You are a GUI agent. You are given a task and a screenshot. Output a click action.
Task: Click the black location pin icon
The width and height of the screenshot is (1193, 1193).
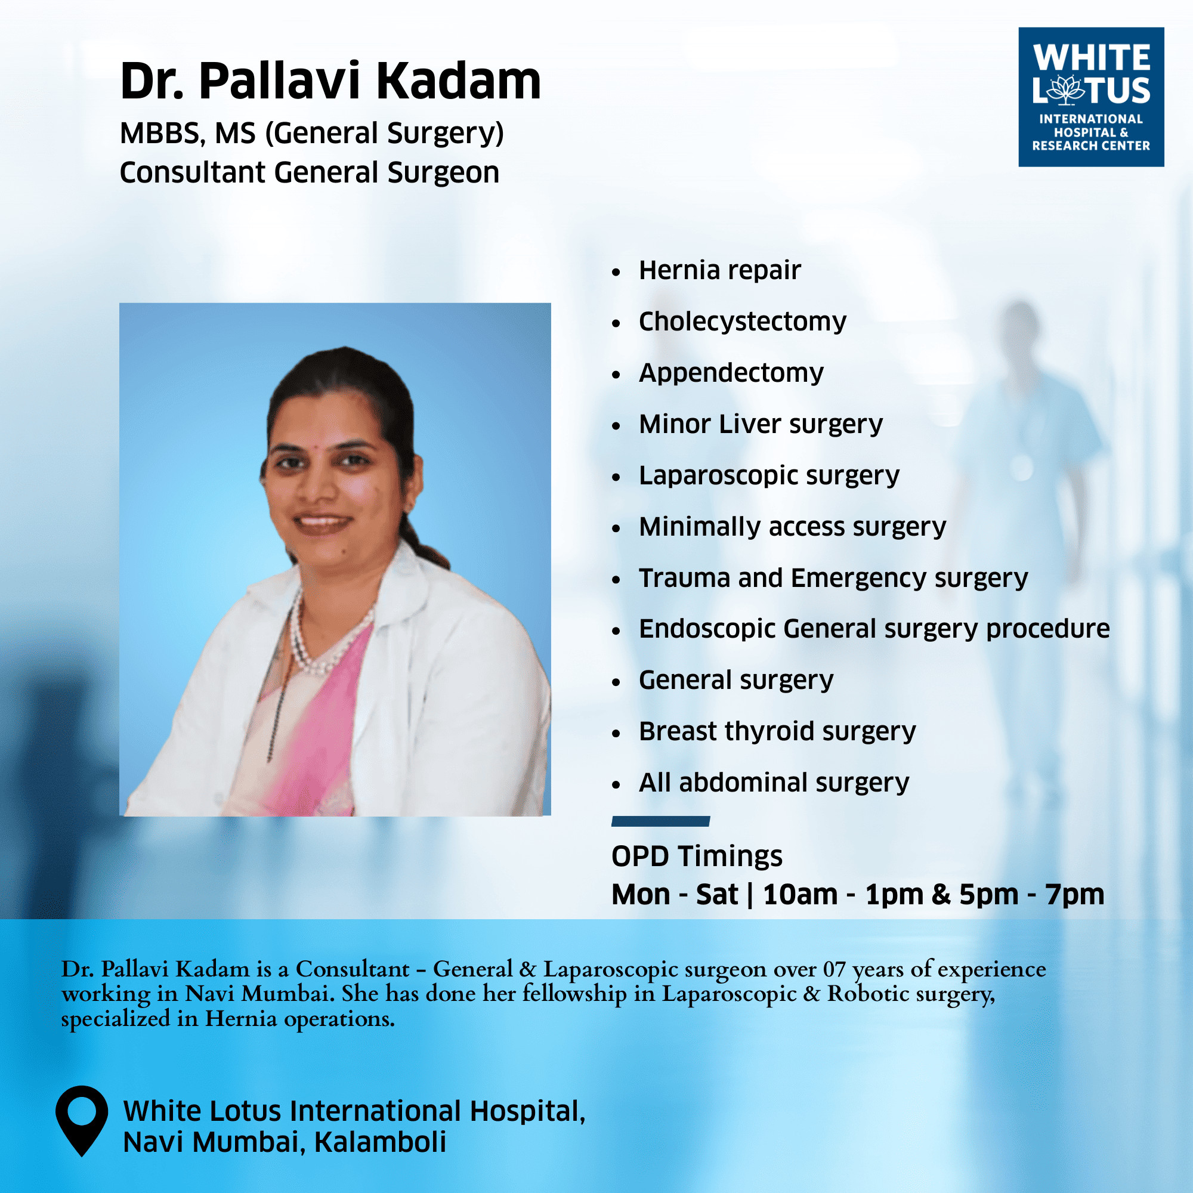click(x=82, y=1119)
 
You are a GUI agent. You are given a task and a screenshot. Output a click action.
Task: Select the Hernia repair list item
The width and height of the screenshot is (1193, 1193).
click(x=719, y=270)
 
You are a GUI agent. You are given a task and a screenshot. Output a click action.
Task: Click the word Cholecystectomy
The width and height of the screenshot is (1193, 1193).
click(x=742, y=322)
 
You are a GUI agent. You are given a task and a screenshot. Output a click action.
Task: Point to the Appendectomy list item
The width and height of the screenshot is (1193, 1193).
click(x=731, y=373)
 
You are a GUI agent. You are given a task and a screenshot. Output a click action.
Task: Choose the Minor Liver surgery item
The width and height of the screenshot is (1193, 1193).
click(x=761, y=424)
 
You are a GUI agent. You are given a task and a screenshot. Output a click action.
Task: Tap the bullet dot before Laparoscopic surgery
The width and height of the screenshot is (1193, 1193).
click(x=616, y=477)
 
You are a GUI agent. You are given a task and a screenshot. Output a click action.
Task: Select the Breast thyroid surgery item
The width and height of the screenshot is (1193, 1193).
click(x=777, y=732)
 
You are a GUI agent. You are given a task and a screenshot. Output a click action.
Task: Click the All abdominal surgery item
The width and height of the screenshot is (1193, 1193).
click(x=774, y=783)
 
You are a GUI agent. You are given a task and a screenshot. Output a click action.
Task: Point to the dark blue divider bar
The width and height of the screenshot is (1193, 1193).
click(x=661, y=821)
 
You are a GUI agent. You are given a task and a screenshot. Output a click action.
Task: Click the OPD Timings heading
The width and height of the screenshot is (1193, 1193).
click(x=697, y=857)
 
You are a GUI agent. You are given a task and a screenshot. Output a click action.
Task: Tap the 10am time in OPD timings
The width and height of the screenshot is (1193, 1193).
click(x=801, y=895)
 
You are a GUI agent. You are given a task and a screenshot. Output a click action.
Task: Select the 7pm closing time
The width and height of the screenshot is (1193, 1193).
click(x=1074, y=895)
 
